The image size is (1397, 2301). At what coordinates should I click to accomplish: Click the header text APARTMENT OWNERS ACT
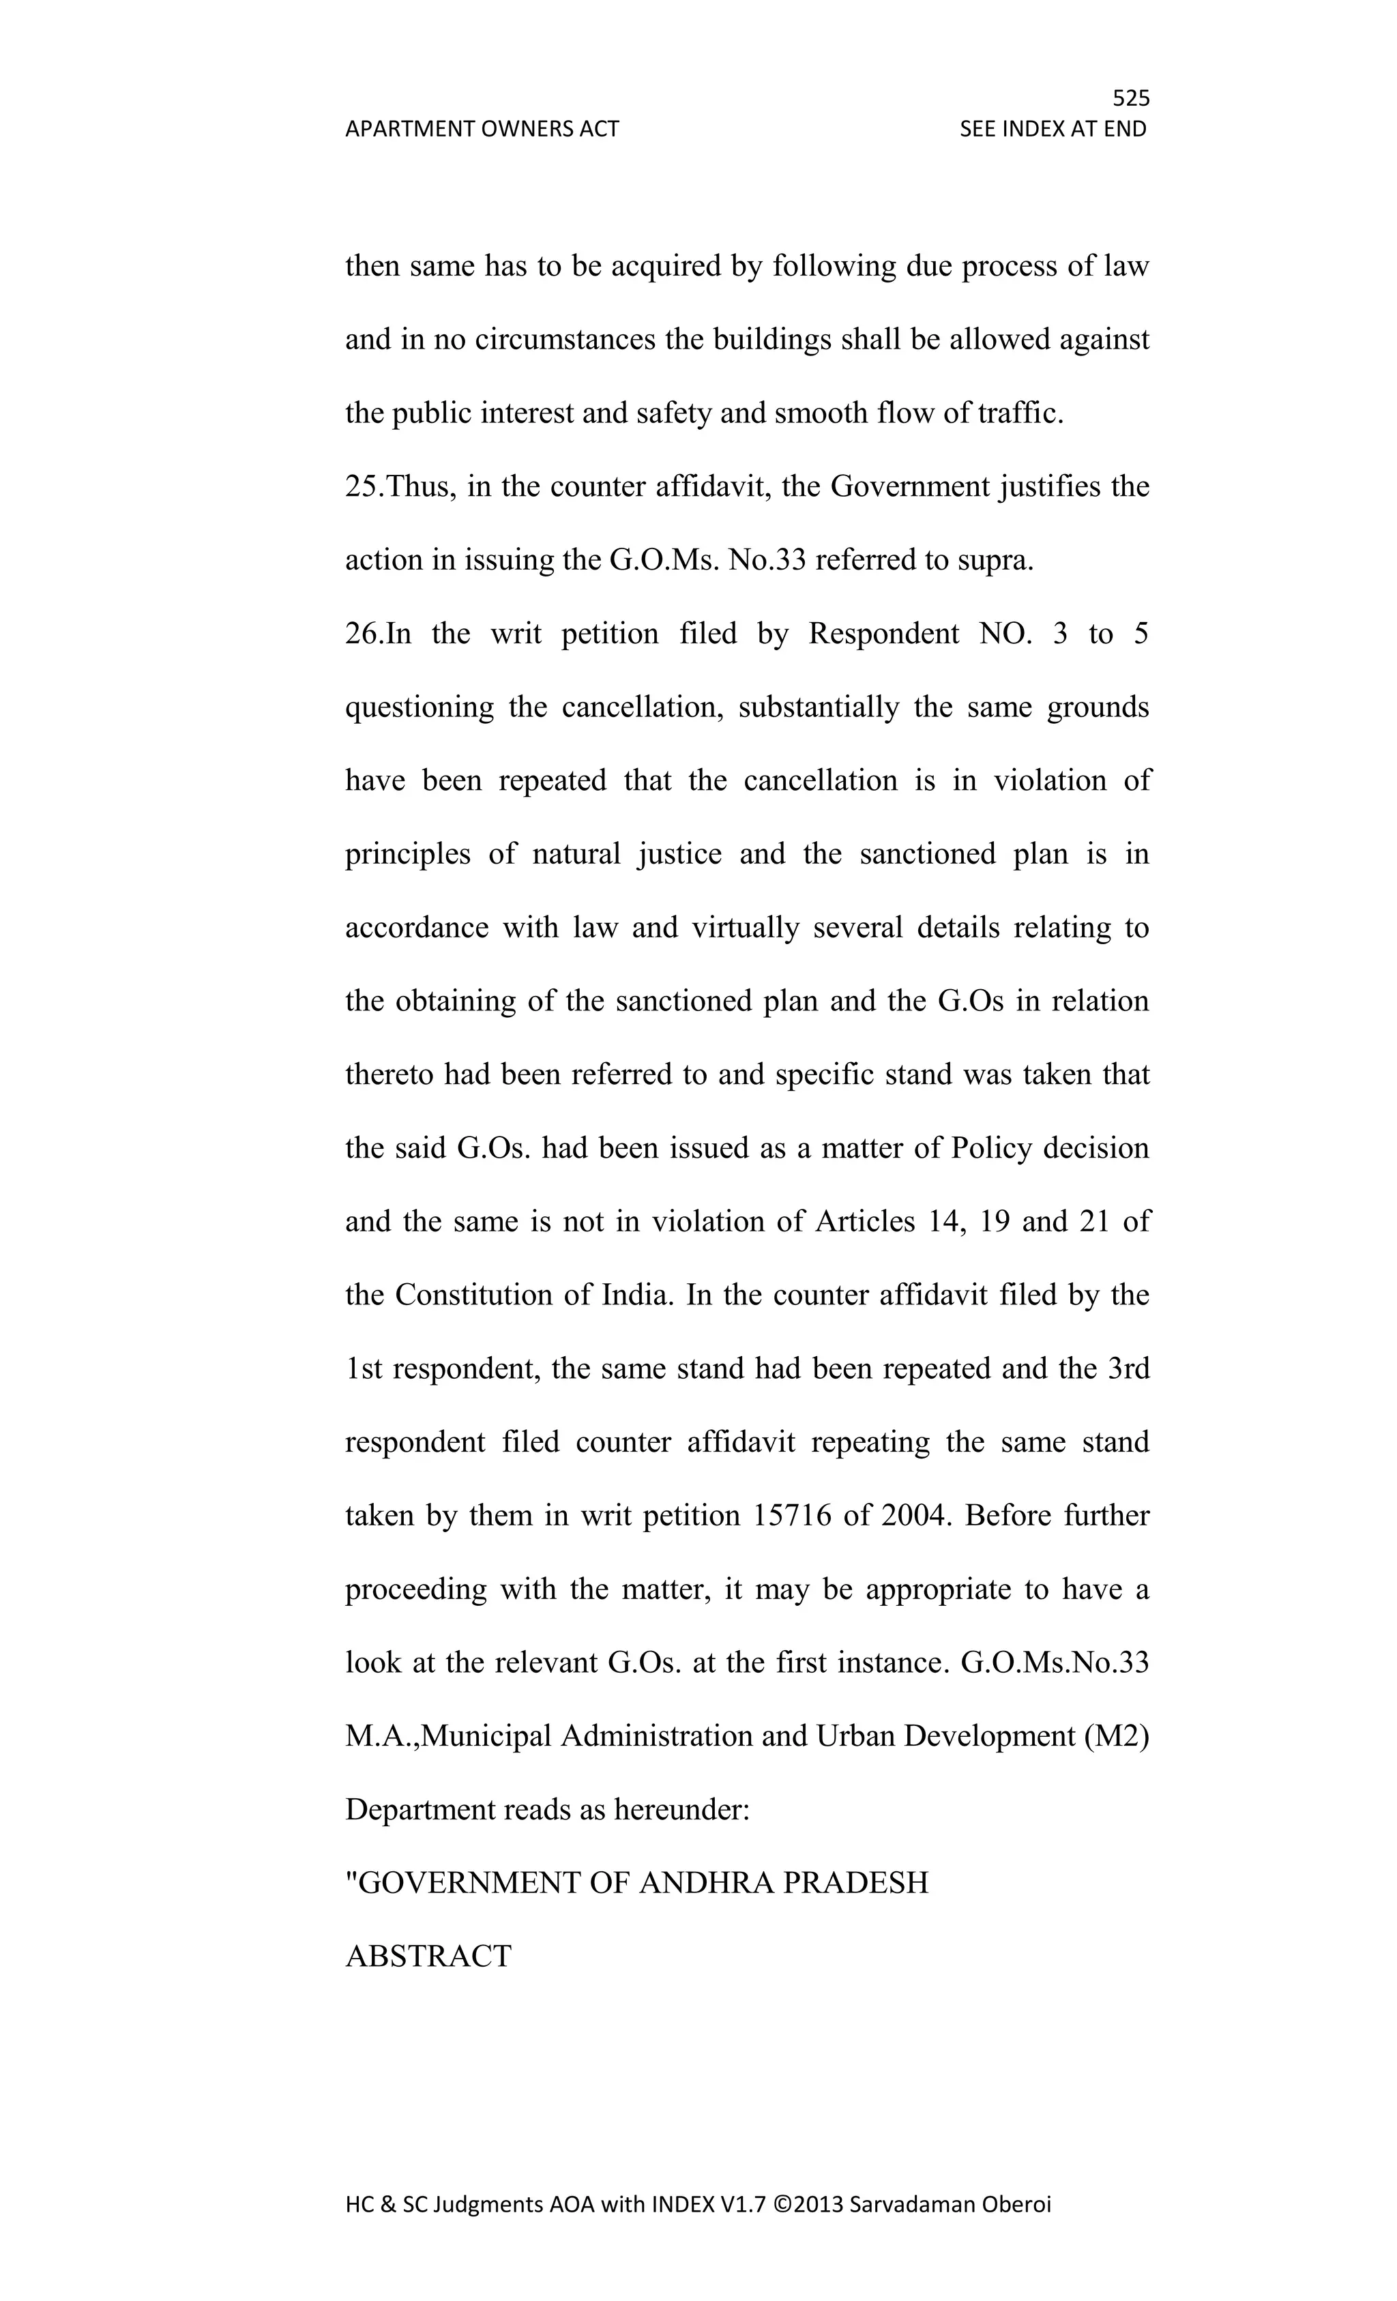pos(482,129)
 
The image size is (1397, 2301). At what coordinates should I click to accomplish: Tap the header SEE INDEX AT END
pos(1053,129)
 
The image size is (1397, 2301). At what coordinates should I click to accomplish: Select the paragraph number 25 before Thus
pos(362,486)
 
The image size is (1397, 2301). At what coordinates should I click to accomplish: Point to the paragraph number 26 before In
pos(362,634)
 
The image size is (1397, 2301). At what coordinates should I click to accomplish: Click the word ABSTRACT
pos(428,1956)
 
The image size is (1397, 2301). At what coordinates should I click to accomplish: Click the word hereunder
pos(681,1810)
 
